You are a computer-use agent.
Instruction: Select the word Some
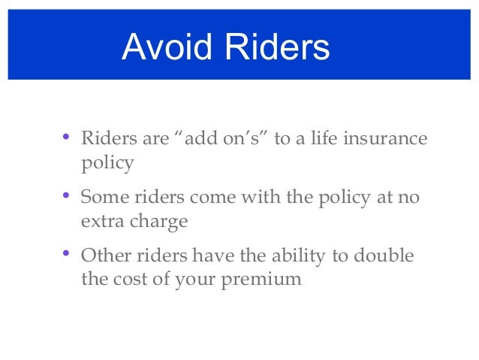click(x=102, y=198)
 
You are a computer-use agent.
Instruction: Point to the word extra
click(x=101, y=222)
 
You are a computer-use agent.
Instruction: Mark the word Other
click(x=104, y=257)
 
